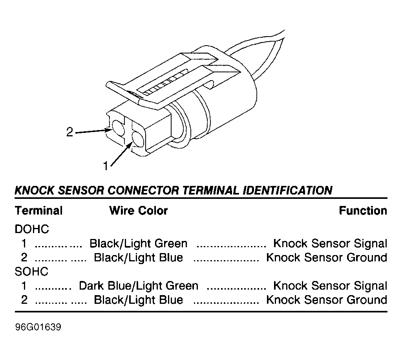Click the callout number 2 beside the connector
click(69, 132)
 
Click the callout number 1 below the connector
click(106, 166)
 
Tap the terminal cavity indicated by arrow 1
click(138, 139)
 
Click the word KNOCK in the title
click(35, 190)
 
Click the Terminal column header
click(39, 211)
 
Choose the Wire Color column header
click(139, 211)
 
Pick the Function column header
click(363, 211)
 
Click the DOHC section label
click(32, 229)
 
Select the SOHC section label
click(31, 272)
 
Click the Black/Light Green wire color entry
click(139, 244)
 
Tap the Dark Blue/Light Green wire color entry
click(139, 286)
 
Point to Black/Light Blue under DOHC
click(139, 257)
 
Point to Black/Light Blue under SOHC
click(139, 300)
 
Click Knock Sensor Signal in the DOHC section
click(330, 244)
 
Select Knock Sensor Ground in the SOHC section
click(327, 300)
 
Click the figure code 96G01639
click(38, 327)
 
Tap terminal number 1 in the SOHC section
click(24, 286)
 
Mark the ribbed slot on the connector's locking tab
click(164, 83)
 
